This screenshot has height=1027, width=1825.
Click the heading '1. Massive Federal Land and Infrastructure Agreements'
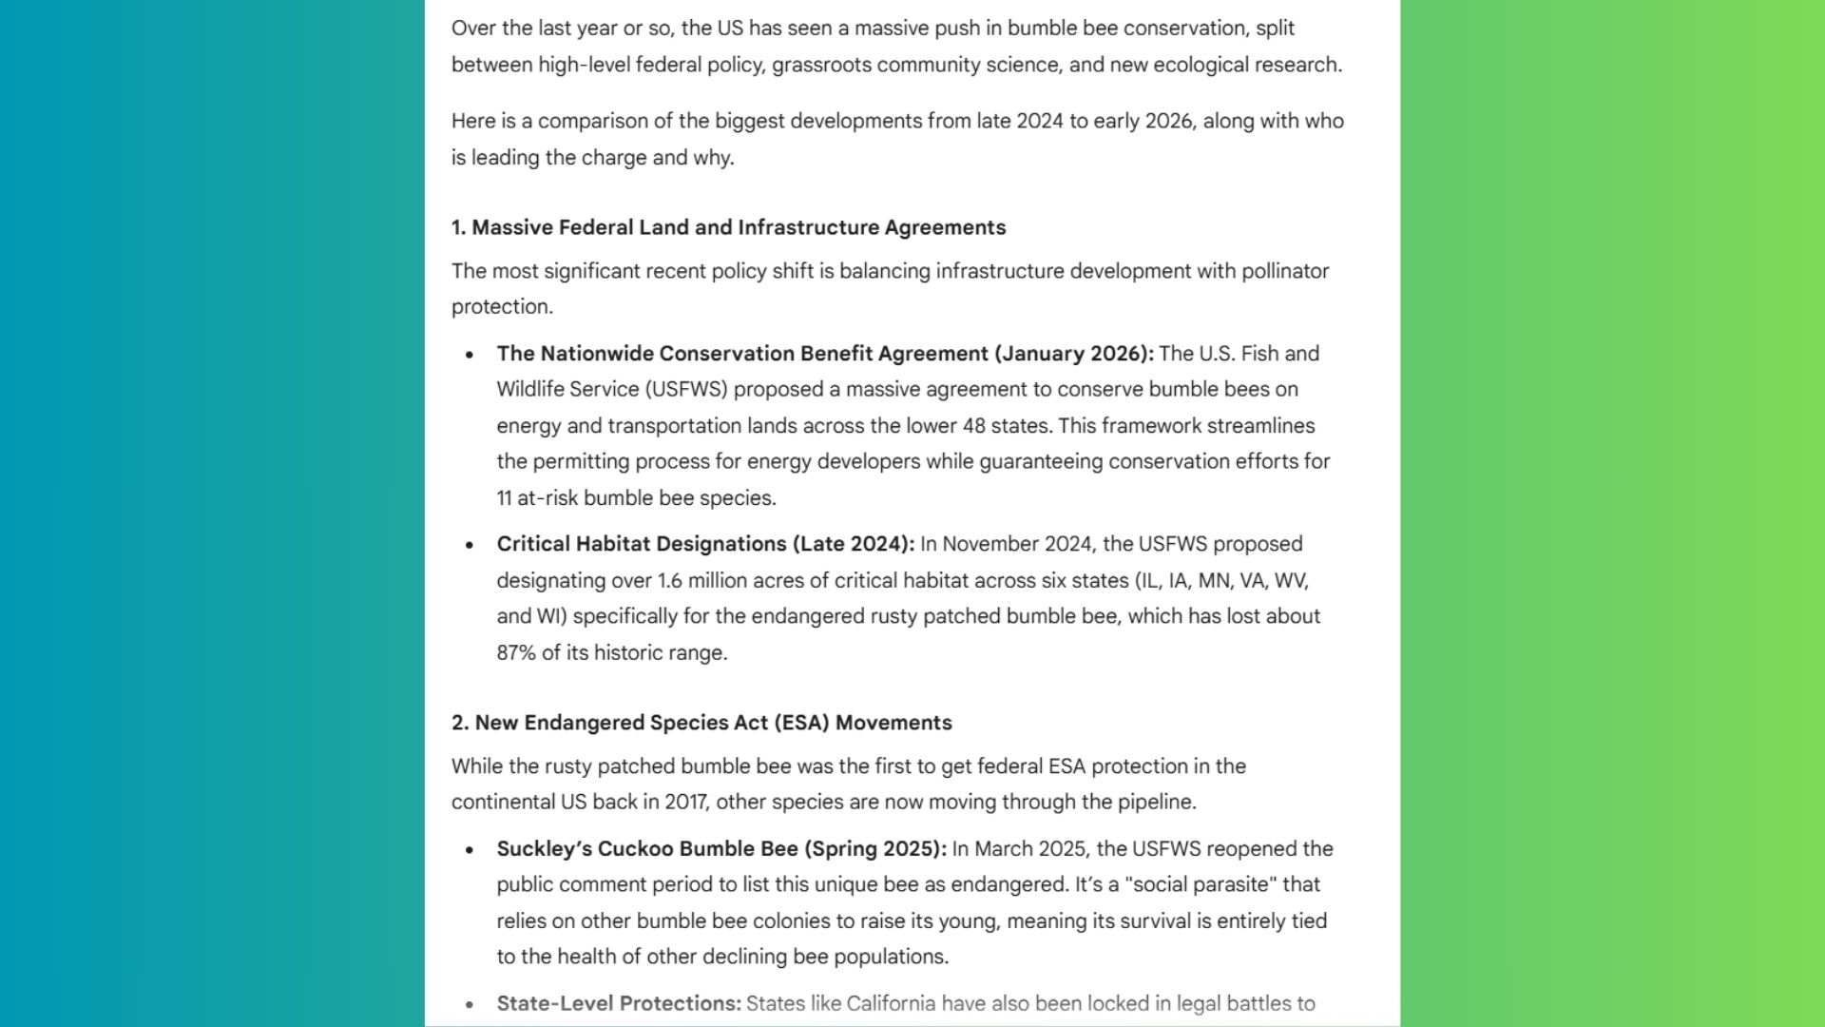(728, 227)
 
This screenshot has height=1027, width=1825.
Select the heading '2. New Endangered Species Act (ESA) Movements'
(701, 723)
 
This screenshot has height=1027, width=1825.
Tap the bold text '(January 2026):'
(1074, 354)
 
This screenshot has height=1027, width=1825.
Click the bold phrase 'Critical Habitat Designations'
(642, 544)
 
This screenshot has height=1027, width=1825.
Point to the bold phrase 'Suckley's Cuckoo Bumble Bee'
(647, 849)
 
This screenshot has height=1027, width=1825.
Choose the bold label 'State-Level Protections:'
(619, 1003)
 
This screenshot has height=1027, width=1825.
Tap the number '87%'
(516, 653)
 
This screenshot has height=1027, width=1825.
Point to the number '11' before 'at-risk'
(504, 498)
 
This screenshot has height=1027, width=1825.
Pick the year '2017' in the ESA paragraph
(686, 802)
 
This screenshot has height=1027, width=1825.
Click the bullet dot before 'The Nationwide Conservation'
(470, 355)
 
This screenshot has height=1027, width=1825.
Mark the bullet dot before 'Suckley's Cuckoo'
(470, 850)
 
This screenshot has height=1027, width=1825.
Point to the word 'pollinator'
(1285, 271)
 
